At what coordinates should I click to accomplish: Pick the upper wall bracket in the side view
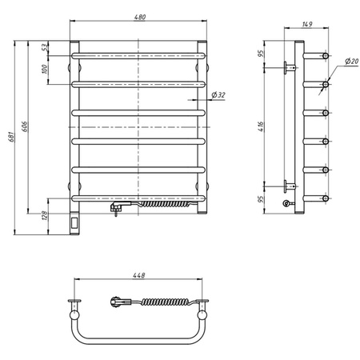point(288,68)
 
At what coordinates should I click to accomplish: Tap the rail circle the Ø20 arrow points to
point(326,83)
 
